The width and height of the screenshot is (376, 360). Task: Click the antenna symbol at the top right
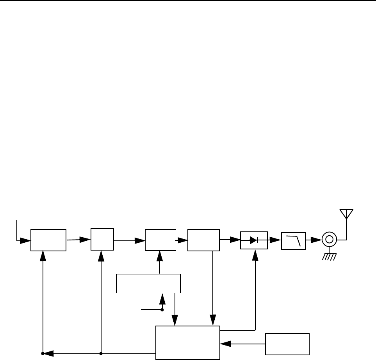coord(346,214)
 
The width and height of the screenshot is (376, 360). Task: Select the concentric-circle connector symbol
coord(329,239)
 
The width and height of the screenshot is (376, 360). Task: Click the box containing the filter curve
coord(293,239)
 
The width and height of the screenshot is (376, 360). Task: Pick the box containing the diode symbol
coord(254,239)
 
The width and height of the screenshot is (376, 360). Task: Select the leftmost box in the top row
coord(49,240)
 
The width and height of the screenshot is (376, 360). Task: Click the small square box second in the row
coord(102,239)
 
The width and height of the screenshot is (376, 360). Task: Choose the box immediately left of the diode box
coord(203,240)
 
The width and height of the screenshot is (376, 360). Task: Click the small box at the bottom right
coord(287,344)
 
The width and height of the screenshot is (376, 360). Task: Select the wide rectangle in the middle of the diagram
coord(148,284)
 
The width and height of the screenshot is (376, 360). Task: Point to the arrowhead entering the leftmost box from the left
coord(26,240)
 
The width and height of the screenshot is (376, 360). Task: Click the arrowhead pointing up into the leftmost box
coord(43,255)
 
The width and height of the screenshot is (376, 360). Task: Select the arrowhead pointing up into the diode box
coord(255,254)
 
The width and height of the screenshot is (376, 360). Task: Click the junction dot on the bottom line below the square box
coord(101,354)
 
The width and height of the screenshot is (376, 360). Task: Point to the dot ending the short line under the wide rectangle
coord(162,310)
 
